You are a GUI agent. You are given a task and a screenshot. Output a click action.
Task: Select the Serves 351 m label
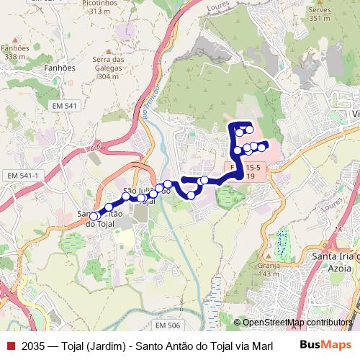click(x=318, y=14)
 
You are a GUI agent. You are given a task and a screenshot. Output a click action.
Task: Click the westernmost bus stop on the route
click(x=93, y=216)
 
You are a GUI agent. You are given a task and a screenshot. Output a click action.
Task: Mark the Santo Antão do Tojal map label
click(x=101, y=218)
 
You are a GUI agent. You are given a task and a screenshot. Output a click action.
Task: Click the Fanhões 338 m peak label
click(x=15, y=52)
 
